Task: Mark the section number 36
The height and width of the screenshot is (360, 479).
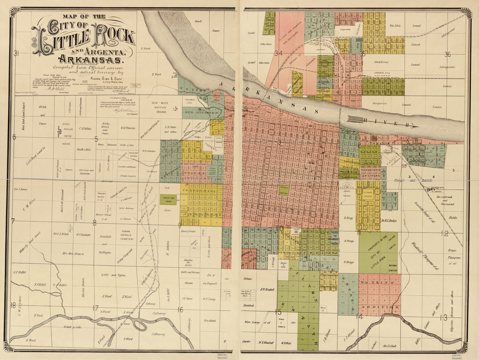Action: [447, 54]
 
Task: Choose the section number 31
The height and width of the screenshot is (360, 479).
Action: [17, 53]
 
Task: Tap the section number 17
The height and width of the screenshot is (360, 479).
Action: [95, 308]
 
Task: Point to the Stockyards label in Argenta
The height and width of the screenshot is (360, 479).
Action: [346, 30]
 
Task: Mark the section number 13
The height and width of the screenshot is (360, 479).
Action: [443, 318]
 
